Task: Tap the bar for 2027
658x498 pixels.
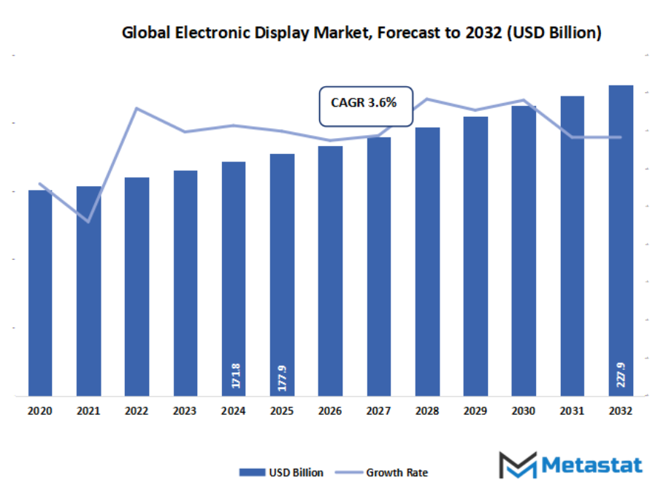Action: point(378,267)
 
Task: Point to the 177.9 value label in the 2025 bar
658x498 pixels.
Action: point(283,377)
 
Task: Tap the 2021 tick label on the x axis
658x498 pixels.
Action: point(88,412)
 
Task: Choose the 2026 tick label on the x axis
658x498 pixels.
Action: point(330,412)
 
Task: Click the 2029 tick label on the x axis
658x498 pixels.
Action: point(475,412)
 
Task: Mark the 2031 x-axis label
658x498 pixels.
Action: point(572,412)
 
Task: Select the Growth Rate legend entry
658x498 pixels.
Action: point(386,472)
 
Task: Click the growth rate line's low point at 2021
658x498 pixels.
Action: point(88,221)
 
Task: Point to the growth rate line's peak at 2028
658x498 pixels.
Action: point(427,99)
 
